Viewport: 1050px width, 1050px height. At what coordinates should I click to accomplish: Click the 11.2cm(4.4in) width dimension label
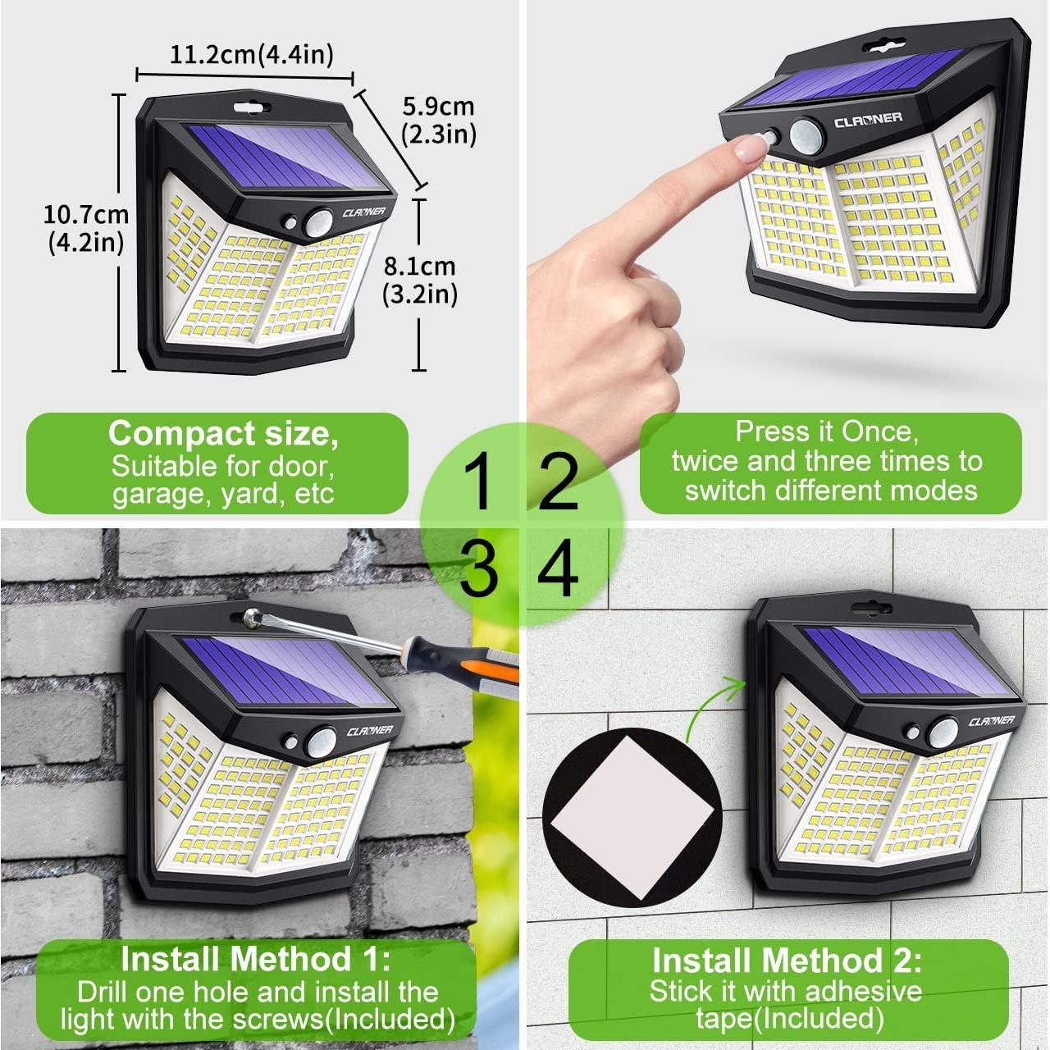pos(252,55)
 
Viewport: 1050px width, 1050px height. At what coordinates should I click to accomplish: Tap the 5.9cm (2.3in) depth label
pos(439,120)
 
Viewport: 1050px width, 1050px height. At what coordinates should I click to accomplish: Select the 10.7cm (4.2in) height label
pos(85,228)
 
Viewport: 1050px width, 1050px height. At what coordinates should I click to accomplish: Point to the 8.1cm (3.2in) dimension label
pos(419,280)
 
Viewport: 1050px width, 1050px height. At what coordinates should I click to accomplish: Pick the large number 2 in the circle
pos(558,482)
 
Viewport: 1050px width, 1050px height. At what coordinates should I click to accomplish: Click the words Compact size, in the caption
pos(223,434)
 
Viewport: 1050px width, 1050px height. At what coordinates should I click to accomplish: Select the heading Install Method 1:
pos(256,959)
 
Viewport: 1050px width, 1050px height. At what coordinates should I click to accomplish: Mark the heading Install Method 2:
pos(787,961)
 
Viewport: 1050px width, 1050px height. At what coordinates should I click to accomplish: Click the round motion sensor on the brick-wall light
pos(321,742)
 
